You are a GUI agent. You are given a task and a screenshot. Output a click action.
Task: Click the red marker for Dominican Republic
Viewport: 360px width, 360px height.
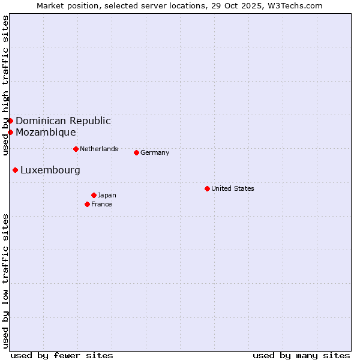10,121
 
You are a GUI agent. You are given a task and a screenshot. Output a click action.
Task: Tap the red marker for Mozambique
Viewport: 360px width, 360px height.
10,132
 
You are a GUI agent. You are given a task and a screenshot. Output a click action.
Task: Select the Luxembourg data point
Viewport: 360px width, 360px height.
15,170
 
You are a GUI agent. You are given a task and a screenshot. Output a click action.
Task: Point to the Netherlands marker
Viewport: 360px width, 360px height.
76,149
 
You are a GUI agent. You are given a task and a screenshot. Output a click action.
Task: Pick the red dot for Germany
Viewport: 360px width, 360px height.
136,152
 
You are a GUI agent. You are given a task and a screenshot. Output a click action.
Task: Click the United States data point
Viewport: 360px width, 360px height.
207,188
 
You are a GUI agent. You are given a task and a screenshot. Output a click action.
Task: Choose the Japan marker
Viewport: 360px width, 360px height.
94,195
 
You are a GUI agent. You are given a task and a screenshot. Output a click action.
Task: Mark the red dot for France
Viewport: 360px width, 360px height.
87,204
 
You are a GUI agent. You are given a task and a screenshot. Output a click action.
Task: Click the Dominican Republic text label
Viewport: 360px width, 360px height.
63,121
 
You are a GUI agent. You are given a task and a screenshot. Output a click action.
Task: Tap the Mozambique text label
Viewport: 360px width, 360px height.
46,132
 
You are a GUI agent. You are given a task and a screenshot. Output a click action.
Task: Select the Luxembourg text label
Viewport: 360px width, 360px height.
50,170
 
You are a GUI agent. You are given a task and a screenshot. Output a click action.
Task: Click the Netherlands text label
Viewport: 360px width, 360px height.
99,149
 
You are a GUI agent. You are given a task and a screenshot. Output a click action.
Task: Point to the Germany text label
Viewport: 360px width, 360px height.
155,152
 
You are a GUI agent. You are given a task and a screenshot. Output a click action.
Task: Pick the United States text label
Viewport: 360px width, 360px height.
233,188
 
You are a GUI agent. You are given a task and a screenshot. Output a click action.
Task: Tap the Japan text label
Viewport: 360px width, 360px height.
107,195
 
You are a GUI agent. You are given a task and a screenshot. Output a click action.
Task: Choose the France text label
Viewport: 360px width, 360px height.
101,204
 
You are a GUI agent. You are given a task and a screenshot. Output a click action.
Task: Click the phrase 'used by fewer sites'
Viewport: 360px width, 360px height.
62,355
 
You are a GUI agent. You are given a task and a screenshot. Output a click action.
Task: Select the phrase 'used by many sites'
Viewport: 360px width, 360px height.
301,355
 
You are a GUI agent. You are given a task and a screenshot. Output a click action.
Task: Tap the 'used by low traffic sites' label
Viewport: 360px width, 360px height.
5,281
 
